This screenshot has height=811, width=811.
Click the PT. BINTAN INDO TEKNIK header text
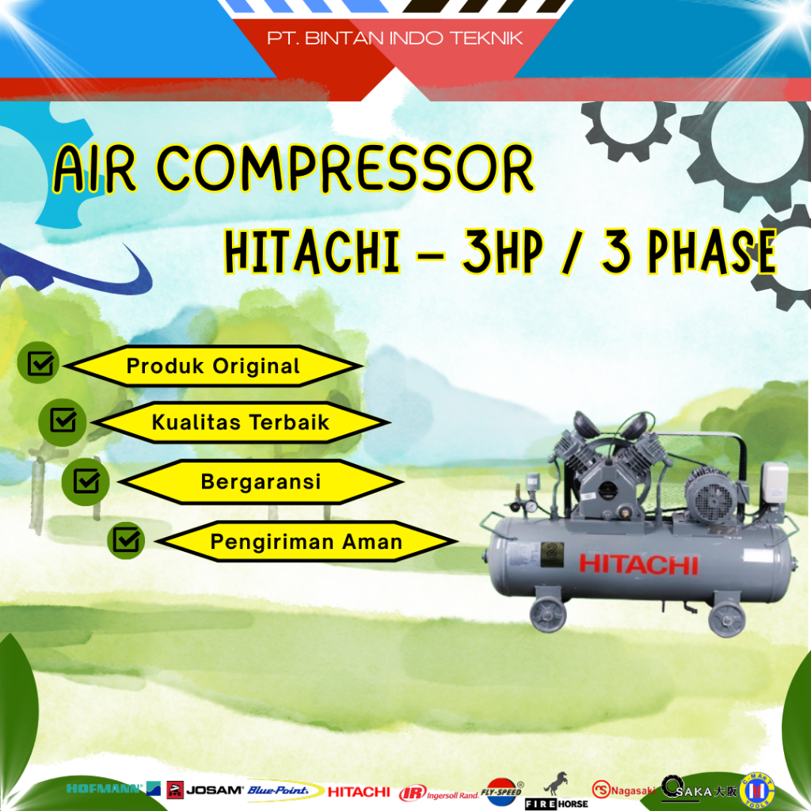(394, 38)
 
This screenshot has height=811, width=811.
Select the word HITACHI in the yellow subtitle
(311, 252)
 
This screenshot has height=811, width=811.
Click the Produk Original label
(213, 367)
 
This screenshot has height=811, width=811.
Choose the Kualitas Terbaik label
(240, 422)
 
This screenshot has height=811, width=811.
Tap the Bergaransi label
(261, 482)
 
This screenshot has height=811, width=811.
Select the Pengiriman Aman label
(306, 543)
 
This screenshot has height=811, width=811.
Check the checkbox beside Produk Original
(40, 364)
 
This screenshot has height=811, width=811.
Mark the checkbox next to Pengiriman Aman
(126, 540)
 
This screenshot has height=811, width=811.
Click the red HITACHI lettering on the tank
(638, 564)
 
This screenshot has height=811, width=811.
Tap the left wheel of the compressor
(548, 613)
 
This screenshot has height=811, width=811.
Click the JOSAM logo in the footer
(204, 790)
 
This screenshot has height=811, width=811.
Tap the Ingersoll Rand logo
(438, 792)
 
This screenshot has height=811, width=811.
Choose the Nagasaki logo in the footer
(624, 789)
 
